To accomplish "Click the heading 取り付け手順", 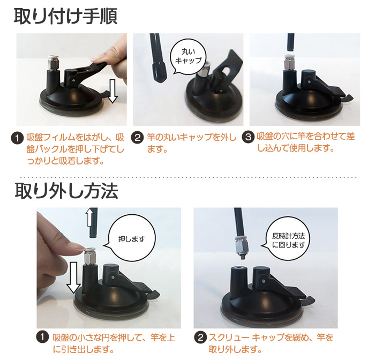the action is click(65, 16).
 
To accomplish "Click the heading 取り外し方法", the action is click(66, 191).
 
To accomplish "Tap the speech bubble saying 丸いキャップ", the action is click(188, 56).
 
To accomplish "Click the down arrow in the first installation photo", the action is click(112, 91).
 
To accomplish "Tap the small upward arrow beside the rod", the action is click(89, 217).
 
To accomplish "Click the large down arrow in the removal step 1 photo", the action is click(73, 277).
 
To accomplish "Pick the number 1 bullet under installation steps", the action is click(18, 138).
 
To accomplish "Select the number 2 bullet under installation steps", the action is click(137, 138).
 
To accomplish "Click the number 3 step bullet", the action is click(248, 137).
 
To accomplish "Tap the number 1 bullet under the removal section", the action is click(42, 337).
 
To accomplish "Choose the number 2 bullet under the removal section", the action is click(200, 337).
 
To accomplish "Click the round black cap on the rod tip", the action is click(159, 73).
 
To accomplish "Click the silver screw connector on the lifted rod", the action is click(241, 247).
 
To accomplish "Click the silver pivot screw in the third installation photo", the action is click(309, 82).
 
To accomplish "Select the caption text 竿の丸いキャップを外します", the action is click(192, 143).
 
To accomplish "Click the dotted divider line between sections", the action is click(189, 177).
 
